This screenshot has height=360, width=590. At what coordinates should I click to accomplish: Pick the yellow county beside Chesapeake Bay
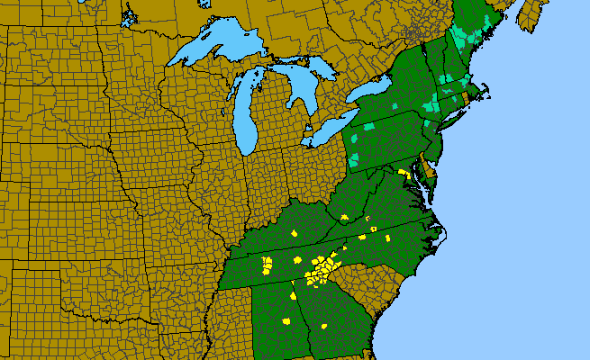click(x=404, y=172)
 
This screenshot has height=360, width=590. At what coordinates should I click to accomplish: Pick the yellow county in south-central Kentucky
click(x=295, y=234)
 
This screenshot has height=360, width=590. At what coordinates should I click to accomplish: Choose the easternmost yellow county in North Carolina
click(x=388, y=239)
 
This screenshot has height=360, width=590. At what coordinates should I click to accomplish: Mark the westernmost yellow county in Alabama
click(x=266, y=265)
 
